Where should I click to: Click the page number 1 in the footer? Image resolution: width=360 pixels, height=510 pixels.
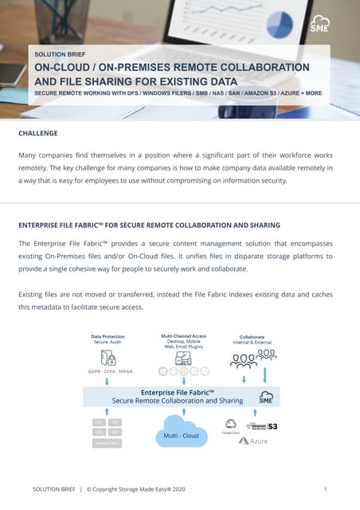point(327,488)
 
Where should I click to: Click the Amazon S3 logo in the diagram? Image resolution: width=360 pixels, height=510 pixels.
point(263,426)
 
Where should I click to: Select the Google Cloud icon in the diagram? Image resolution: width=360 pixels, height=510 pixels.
point(230,426)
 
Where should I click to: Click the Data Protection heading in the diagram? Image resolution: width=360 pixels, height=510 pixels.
point(108,336)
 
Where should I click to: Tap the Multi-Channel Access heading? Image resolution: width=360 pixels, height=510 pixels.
point(184,336)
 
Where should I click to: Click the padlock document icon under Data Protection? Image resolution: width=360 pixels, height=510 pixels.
point(110,357)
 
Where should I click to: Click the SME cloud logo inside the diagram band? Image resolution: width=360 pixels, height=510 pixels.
point(265,397)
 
